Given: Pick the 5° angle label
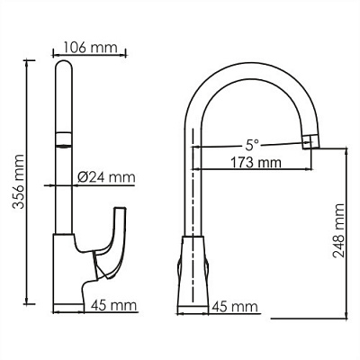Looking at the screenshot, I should tap(255, 142).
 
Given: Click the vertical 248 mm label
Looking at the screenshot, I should tap(338, 232).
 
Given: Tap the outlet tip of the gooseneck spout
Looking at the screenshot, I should tap(311, 139).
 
